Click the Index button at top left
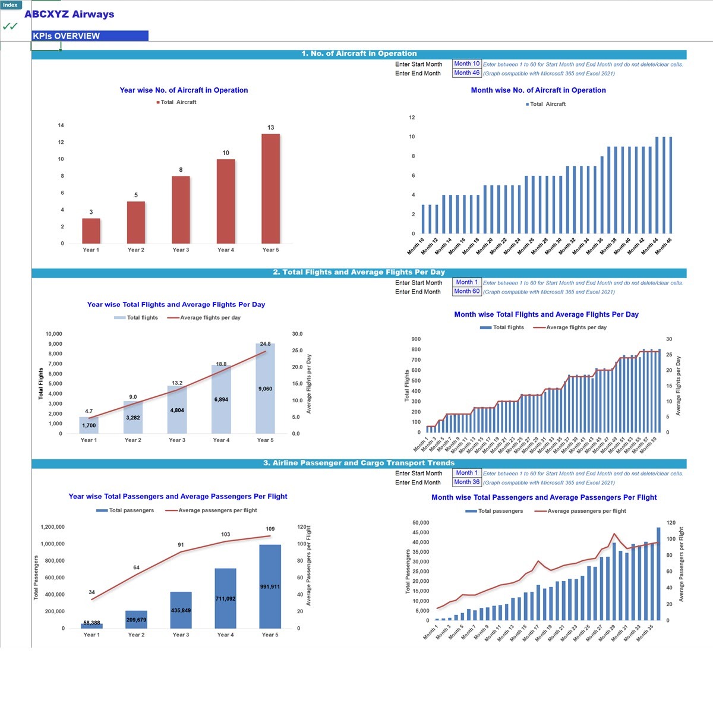11,5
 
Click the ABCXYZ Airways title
69,14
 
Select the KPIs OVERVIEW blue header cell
90,36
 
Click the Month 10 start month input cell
466,64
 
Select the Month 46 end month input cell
466,72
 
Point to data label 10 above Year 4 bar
226,153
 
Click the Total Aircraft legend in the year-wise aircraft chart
177,102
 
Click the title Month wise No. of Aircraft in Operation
538,90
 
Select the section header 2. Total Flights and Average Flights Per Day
359,272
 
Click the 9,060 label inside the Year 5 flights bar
265,389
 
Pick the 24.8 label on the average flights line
265,344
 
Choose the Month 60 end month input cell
466,291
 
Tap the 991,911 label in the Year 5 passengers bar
270,586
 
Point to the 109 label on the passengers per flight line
270,529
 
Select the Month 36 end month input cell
466,482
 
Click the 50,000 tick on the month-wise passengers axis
420,523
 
